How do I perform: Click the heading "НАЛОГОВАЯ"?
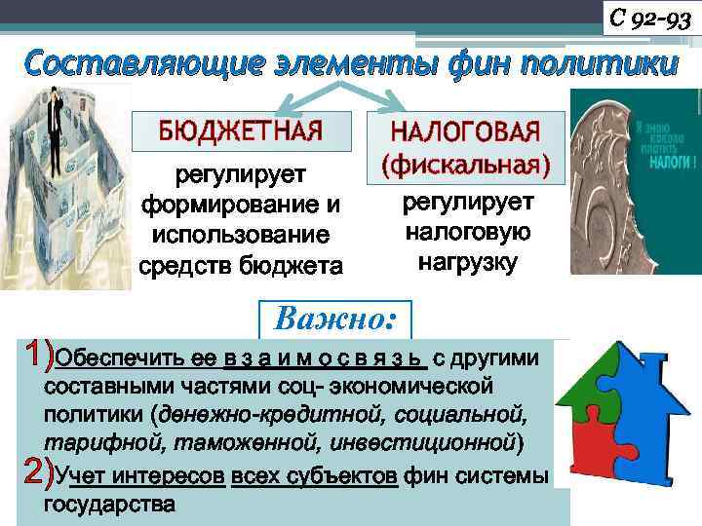pyautogui.click(x=465, y=133)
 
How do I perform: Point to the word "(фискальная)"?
pyautogui.click(x=465, y=164)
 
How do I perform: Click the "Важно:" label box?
pyautogui.click(x=335, y=319)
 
